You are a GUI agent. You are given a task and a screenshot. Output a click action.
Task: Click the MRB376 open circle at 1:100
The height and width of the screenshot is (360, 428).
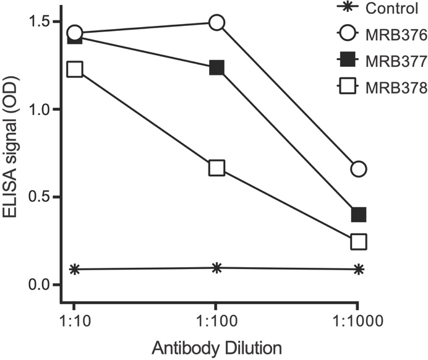[x=216, y=23]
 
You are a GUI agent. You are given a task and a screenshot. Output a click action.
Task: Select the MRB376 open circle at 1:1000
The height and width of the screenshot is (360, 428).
[x=358, y=169]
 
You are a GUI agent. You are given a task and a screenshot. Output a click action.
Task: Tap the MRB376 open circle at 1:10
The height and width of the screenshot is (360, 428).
[x=75, y=33]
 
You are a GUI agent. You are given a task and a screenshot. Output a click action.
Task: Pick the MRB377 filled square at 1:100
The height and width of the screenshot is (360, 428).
[x=216, y=68]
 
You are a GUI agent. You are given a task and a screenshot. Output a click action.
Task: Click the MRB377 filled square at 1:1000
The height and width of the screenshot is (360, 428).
[x=358, y=215]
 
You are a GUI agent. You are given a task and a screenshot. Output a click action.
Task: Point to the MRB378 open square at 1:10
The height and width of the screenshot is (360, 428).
[x=75, y=69]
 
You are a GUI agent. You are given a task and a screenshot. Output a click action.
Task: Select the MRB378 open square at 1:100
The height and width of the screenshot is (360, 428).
[x=216, y=168]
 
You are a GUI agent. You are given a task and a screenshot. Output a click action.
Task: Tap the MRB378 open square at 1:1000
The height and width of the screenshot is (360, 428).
[x=358, y=241]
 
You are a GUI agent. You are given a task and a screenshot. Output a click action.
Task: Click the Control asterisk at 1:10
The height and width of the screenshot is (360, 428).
[x=75, y=269]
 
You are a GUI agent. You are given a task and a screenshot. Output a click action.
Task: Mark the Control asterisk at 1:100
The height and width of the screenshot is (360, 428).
[x=216, y=268]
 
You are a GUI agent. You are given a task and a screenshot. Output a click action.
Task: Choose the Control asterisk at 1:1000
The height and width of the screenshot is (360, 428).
[x=358, y=269]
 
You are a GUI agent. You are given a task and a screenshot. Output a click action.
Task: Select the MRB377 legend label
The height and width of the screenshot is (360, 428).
[x=395, y=62]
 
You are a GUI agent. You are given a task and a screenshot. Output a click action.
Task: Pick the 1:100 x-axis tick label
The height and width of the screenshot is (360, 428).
[x=216, y=323]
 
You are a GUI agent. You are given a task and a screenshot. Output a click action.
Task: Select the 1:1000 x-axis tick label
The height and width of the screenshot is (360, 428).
[x=358, y=323]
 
